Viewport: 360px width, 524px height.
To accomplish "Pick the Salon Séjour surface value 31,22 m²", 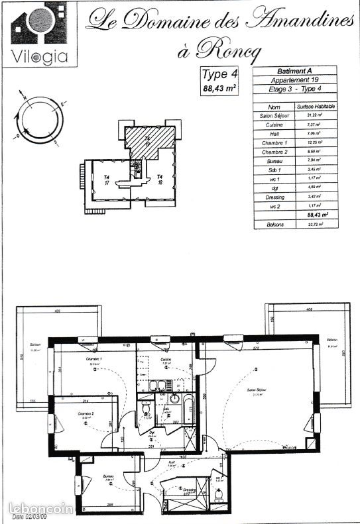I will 316,115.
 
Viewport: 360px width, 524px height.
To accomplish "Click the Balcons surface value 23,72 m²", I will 316,225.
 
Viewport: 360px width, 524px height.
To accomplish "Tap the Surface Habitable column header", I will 316,107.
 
